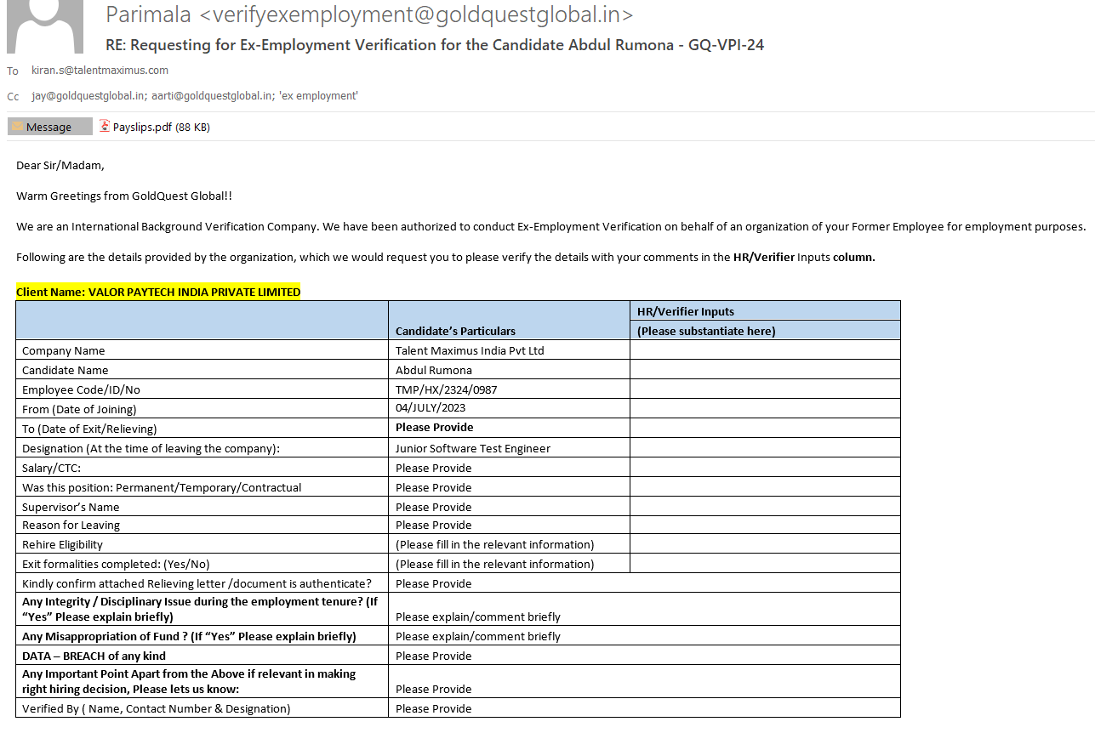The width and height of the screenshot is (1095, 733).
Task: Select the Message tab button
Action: pyautogui.click(x=49, y=128)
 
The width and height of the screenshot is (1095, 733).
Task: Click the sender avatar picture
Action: pyautogui.click(x=45, y=26)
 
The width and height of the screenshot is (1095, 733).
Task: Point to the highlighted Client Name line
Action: pyautogui.click(x=158, y=292)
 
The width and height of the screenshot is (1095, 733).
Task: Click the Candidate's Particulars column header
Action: pyautogui.click(x=455, y=331)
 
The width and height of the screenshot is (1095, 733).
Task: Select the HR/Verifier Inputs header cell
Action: pyautogui.click(x=686, y=311)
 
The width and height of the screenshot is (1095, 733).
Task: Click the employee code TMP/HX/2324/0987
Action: pyautogui.click(x=446, y=389)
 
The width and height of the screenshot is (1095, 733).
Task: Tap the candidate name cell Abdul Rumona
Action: pyautogui.click(x=434, y=370)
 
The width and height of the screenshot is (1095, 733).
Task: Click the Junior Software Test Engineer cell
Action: pyautogui.click(x=473, y=448)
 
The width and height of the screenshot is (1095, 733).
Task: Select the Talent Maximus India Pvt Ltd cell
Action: pyautogui.click(x=470, y=350)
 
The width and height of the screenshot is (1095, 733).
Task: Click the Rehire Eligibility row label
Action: pyautogui.click(x=63, y=544)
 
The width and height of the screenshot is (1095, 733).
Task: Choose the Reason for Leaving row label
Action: pyautogui.click(x=71, y=525)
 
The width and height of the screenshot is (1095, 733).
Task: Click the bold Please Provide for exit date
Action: pyautogui.click(x=435, y=427)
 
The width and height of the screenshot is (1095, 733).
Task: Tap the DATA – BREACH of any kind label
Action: pyautogui.click(x=94, y=656)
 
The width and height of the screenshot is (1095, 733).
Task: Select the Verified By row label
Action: pyautogui.click(x=157, y=708)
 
